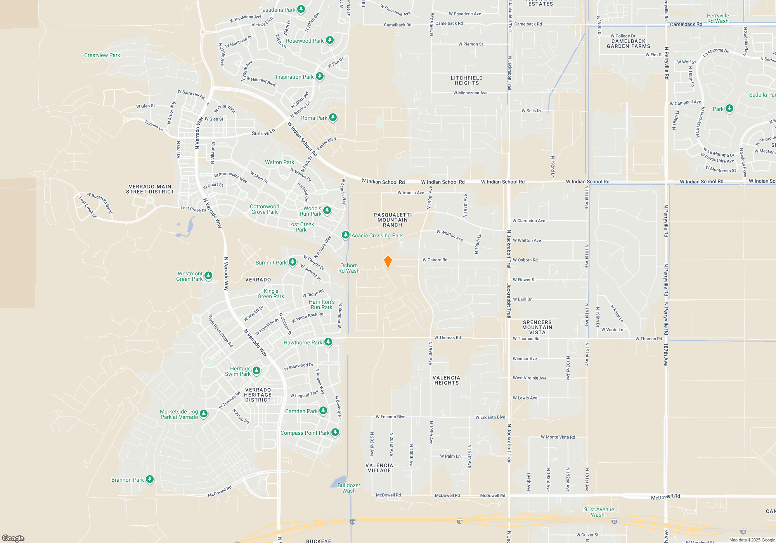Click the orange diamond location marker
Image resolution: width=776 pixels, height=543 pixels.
click(x=388, y=262)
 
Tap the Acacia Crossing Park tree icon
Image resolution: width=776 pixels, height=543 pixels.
click(x=345, y=235)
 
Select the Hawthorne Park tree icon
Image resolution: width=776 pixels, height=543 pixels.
click(x=328, y=342)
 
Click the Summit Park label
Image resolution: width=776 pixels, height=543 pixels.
click(x=271, y=263)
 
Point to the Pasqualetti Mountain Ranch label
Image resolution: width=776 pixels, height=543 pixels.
click(x=393, y=220)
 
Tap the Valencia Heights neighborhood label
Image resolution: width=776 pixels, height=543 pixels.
click(x=446, y=380)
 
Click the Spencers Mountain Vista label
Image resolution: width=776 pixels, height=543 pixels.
click(x=537, y=327)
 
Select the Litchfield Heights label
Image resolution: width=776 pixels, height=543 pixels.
click(x=467, y=80)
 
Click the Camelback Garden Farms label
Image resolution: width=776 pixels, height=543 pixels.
click(x=628, y=44)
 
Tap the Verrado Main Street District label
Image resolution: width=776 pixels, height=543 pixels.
click(x=150, y=189)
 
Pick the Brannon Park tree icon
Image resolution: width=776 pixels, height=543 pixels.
click(x=150, y=479)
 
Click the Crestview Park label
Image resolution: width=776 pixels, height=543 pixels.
click(x=102, y=55)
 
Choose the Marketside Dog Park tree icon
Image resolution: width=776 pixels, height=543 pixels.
click(x=204, y=414)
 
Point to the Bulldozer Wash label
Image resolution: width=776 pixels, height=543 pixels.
click(x=349, y=488)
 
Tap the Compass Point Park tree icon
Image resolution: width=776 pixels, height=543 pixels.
click(x=335, y=432)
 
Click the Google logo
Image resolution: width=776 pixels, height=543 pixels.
click(x=13, y=538)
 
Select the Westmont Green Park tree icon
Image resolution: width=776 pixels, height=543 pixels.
click(x=208, y=275)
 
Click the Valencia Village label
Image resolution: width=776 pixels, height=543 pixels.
click(x=379, y=468)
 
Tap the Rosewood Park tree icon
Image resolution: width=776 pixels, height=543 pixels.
click(x=330, y=40)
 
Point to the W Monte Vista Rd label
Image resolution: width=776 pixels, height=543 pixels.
click(x=558, y=437)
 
